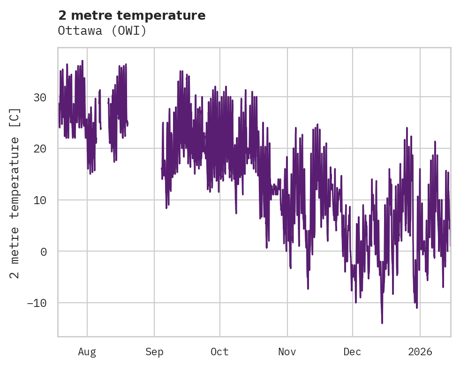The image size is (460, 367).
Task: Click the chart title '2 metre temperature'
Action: tap(132, 15)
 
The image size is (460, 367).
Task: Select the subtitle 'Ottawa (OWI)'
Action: tap(102, 31)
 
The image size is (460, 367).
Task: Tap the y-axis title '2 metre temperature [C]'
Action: tap(15, 193)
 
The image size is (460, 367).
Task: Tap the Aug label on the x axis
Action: tap(87, 352)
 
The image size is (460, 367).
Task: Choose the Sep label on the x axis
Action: tap(154, 352)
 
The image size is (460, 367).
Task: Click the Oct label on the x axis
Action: tap(219, 352)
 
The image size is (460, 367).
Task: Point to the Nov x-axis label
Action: tap(287, 352)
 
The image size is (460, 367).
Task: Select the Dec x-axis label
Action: tap(352, 352)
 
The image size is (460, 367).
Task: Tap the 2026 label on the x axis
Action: tap(420, 352)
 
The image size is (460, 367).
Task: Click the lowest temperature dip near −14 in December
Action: tap(382, 322)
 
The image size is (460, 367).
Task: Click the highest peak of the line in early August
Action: tap(82, 61)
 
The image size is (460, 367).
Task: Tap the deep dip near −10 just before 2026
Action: tap(416, 307)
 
